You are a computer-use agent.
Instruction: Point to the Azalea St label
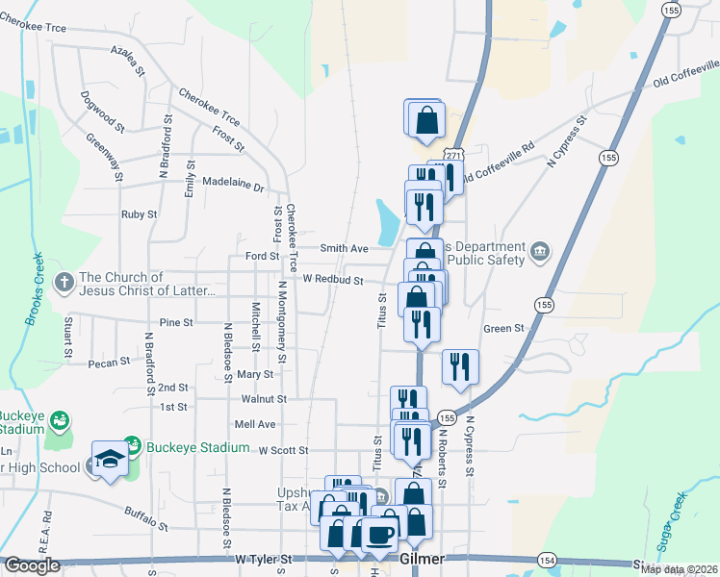pyautogui.click(x=127, y=60)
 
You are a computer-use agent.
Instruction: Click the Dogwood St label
pyautogui.click(x=103, y=112)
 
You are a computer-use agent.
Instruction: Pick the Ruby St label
pyautogui.click(x=139, y=214)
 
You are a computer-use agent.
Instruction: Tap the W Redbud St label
pyautogui.click(x=332, y=280)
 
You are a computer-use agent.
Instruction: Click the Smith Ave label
pyautogui.click(x=344, y=248)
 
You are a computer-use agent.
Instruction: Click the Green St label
pyautogui.click(x=502, y=328)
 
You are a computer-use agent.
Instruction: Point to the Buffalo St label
pyautogui.click(x=146, y=519)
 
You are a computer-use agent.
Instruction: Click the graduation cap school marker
pyautogui.click(x=110, y=459)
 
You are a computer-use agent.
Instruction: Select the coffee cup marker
pyautogui.click(x=380, y=534)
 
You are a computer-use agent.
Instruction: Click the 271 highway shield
pyautogui.click(x=454, y=157)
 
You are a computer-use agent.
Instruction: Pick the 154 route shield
pyautogui.click(x=547, y=560)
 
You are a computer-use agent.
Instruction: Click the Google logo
pyautogui.click(x=32, y=565)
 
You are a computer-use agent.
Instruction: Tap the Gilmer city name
pyautogui.click(x=421, y=559)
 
